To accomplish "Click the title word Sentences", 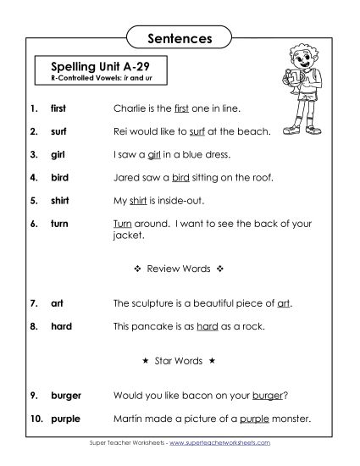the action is point(180,38).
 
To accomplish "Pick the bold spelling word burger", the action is point(66,395).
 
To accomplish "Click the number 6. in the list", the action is point(34,225).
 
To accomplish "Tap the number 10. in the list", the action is point(36,419).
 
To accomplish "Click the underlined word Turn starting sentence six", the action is point(122,225).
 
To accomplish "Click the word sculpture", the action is point(155,302).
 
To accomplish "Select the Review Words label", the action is point(178,269).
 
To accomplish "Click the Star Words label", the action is point(178,361).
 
